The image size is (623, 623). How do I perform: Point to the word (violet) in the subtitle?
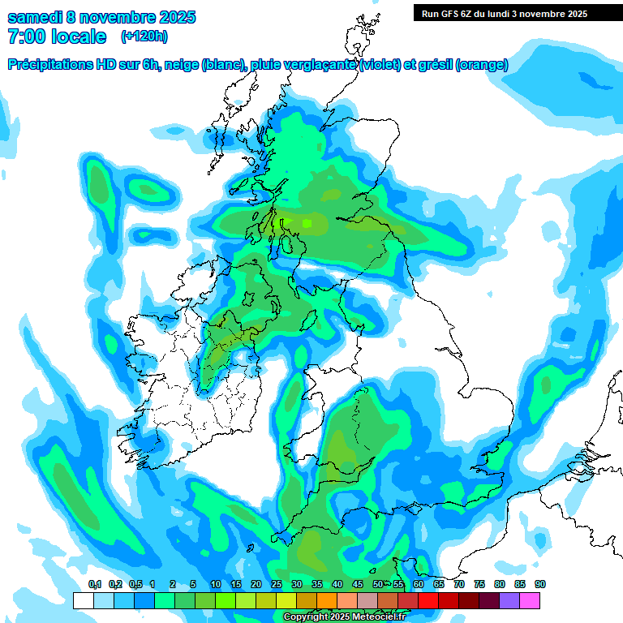click(x=380, y=65)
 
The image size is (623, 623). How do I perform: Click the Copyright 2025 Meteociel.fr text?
click(x=344, y=617)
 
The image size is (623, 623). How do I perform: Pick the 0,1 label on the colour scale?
click(x=95, y=585)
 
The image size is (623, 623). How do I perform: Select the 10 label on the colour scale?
click(x=216, y=585)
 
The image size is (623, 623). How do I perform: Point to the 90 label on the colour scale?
click(x=540, y=585)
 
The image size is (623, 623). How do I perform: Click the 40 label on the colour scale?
click(x=337, y=585)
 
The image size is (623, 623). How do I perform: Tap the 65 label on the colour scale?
click(x=439, y=585)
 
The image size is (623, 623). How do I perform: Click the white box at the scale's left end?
click(x=83, y=600)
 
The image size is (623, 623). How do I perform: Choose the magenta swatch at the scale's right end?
click(x=531, y=600)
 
